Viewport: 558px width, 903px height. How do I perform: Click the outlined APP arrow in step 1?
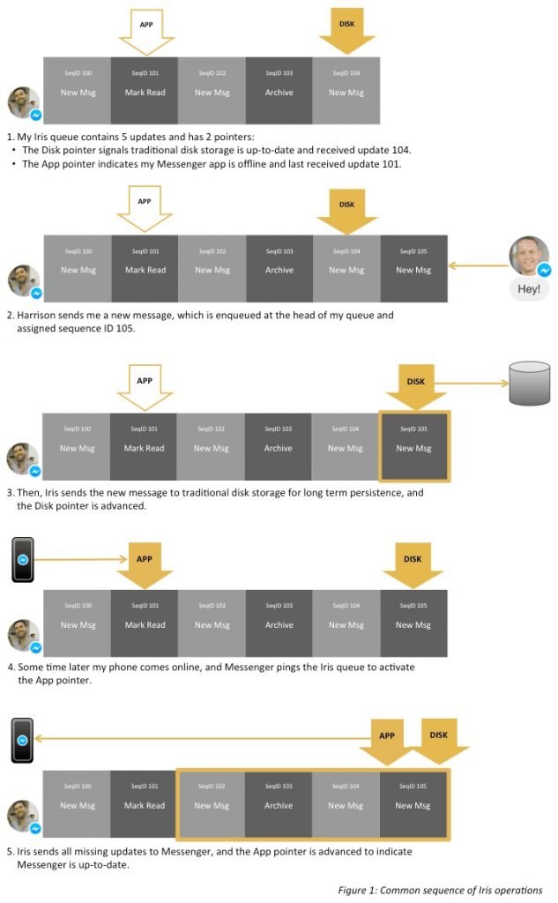pyautogui.click(x=146, y=29)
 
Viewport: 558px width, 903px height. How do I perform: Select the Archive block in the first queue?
pyautogui.click(x=279, y=91)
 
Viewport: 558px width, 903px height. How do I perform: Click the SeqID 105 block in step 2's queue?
pyautogui.click(x=413, y=268)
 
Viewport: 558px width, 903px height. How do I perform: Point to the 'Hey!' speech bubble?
pyautogui.click(x=529, y=288)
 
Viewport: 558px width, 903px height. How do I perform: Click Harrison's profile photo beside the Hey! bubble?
pyautogui.click(x=529, y=256)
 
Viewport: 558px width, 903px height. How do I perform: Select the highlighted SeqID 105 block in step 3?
pyautogui.click(x=413, y=446)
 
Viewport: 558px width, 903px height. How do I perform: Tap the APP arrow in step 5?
pyautogui.click(x=386, y=741)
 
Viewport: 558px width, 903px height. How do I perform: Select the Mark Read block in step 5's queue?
pyautogui.click(x=143, y=803)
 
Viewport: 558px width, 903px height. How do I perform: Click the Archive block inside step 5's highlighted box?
pyautogui.click(x=279, y=803)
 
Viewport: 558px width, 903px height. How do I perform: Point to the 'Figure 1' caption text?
pyautogui.click(x=440, y=890)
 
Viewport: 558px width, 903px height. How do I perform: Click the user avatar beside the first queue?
pyautogui.click(x=23, y=103)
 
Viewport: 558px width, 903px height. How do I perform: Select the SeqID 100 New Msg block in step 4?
pyautogui.click(x=77, y=624)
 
